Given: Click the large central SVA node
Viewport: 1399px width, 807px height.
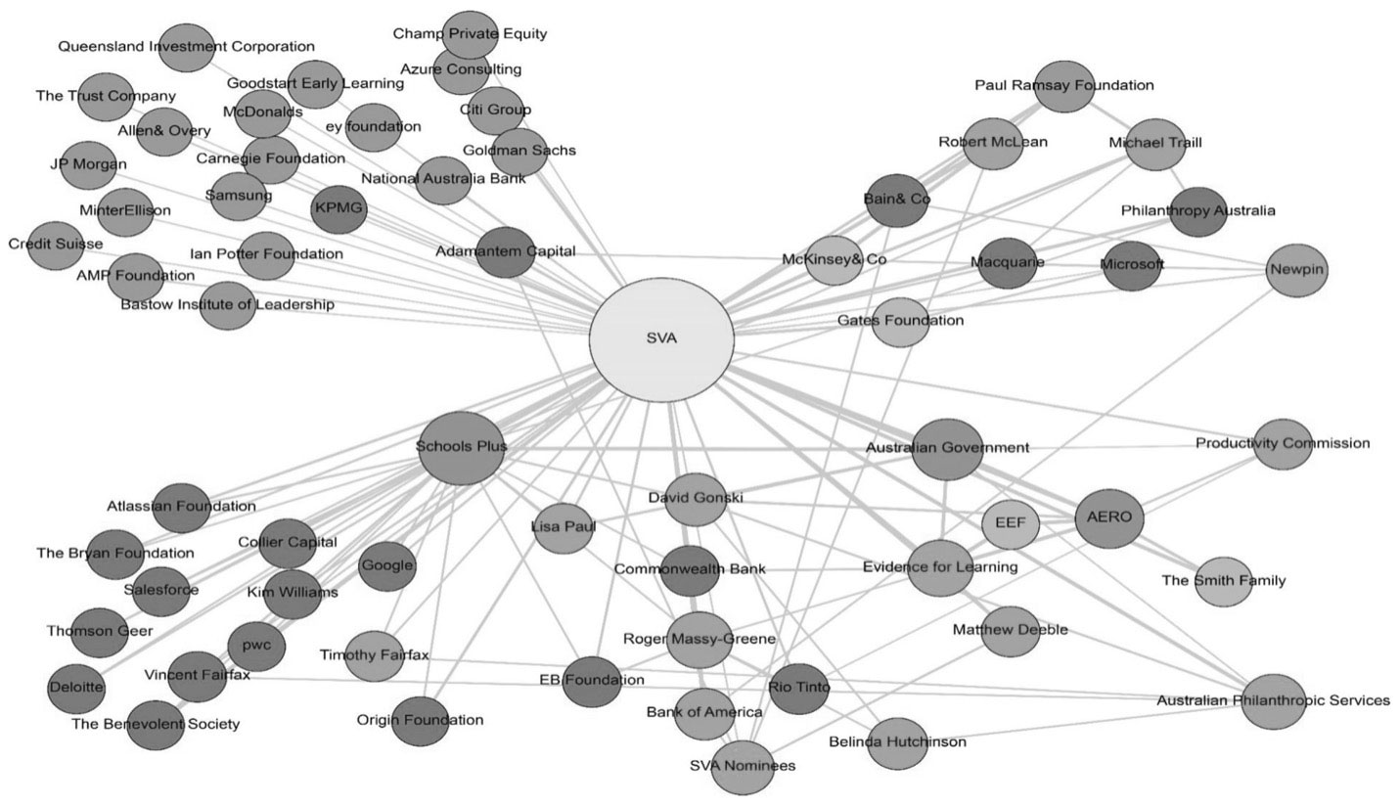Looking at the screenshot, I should pyautogui.click(x=661, y=339).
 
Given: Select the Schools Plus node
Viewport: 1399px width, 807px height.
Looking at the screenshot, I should pyautogui.click(x=461, y=448).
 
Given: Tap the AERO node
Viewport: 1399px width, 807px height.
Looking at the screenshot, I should pyautogui.click(x=1108, y=517).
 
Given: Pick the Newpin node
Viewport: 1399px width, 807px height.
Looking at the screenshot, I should pyautogui.click(x=1296, y=269).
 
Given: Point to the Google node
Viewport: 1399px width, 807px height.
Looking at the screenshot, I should pyautogui.click(x=386, y=565).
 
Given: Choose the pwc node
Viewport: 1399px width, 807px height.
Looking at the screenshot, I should pyautogui.click(x=256, y=646).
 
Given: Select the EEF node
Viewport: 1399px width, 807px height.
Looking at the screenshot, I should pyautogui.click(x=1010, y=523).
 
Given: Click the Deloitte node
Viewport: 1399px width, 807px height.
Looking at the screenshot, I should pyautogui.click(x=76, y=687).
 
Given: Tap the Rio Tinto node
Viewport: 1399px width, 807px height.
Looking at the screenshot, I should pyautogui.click(x=798, y=688).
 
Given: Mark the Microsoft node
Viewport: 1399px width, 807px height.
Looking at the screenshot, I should pyautogui.click(x=1132, y=265).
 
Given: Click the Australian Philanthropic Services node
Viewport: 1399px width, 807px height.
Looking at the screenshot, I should pyautogui.click(x=1273, y=700).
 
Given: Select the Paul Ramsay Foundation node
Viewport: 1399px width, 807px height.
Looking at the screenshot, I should pyautogui.click(x=1064, y=86).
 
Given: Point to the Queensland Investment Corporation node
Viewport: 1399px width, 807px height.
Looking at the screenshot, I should pyautogui.click(x=186, y=47).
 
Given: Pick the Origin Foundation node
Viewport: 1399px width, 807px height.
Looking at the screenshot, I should pyautogui.click(x=420, y=721).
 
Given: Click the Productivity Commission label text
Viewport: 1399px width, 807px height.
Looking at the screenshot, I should pyautogui.click(x=1282, y=443).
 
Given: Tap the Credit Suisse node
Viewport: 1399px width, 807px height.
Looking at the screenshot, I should pyautogui.click(x=57, y=244).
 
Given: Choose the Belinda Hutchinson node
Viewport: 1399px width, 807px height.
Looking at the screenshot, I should pyautogui.click(x=897, y=742).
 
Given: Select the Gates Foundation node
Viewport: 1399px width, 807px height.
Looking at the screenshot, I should pyautogui.click(x=900, y=321).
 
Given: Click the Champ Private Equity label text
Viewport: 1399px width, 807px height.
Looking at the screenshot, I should pyautogui.click(x=470, y=34).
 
